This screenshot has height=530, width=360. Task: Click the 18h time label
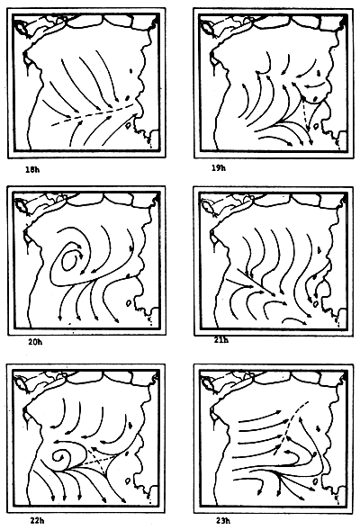(33, 167)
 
